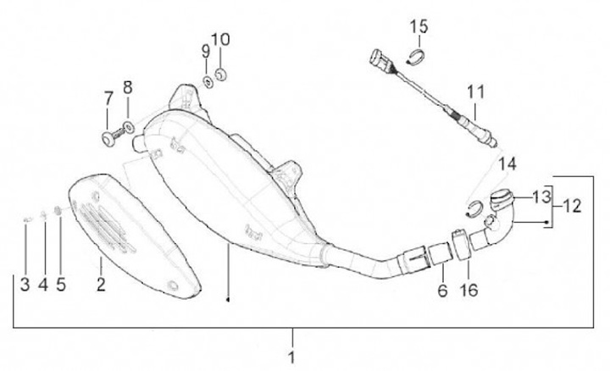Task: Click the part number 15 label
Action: click(419, 27)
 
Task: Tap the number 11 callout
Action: click(475, 90)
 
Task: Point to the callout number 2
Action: click(100, 285)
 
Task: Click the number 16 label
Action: click(468, 291)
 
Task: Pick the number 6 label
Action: click(441, 291)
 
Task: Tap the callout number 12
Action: click(573, 206)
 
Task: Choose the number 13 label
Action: click(541, 197)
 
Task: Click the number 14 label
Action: click(507, 163)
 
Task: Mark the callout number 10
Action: click(219, 40)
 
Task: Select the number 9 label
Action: click(204, 52)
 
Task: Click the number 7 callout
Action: click(108, 100)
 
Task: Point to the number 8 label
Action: click(128, 87)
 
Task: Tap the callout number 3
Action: click(25, 285)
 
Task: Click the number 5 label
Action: click(60, 285)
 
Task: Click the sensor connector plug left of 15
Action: click(379, 61)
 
